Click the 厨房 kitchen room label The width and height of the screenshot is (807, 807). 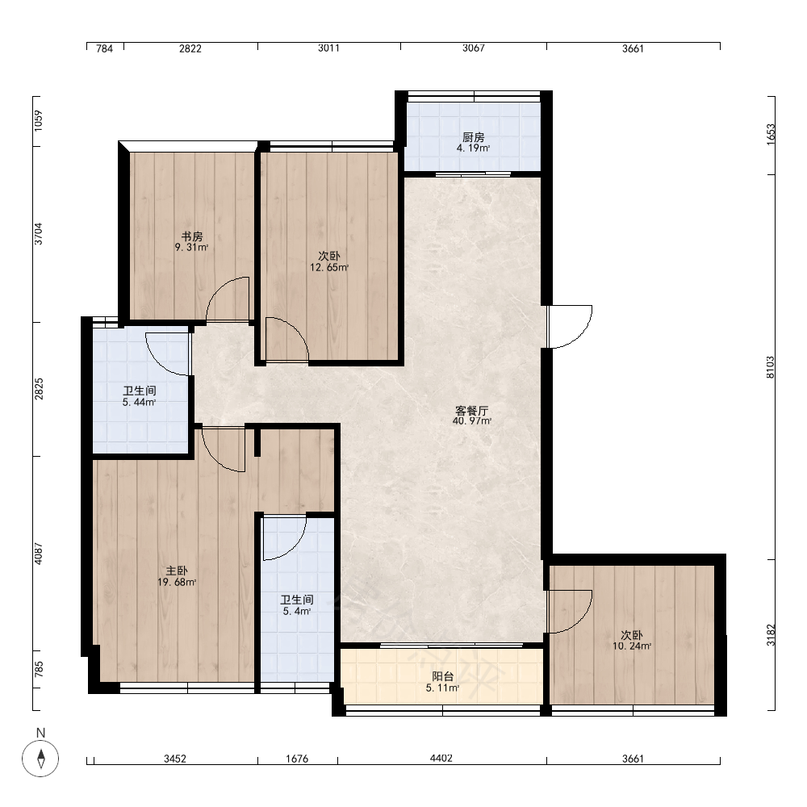[473, 137]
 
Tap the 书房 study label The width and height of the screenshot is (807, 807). [191, 236]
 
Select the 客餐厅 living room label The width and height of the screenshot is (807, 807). [471, 411]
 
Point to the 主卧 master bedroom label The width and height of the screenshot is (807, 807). [177, 571]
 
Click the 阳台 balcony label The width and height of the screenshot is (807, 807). [442, 677]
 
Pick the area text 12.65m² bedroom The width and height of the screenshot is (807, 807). [329, 267]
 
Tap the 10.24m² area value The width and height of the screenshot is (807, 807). [632, 646]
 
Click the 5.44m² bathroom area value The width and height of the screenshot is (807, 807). [139, 402]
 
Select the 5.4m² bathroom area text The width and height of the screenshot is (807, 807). [297, 612]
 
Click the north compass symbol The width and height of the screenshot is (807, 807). [40, 758]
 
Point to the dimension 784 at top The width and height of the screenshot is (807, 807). [104, 49]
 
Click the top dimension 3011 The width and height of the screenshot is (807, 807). [328, 48]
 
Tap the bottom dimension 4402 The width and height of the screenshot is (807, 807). [441, 758]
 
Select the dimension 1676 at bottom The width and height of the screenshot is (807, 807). [297, 759]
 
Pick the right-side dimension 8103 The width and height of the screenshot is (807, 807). [771, 367]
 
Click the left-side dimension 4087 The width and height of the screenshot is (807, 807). [39, 554]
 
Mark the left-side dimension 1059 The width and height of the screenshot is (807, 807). [39, 121]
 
